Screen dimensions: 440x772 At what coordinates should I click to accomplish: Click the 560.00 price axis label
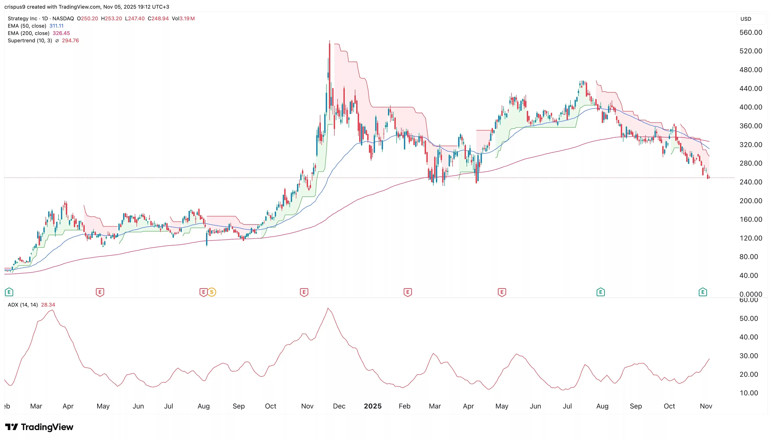(751, 32)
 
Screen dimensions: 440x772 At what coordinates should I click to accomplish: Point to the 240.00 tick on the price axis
(751, 182)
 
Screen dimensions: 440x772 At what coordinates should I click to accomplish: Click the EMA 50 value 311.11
(57, 26)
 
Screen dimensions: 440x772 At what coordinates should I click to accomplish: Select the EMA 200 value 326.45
(61, 33)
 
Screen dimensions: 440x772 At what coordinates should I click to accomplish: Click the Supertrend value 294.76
(70, 41)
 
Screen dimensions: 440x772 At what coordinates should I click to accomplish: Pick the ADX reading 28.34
(48, 305)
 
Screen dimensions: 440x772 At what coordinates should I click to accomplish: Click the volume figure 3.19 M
(187, 18)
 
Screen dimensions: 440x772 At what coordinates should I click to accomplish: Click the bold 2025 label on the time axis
(372, 406)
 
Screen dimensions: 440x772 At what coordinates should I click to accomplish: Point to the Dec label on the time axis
(339, 406)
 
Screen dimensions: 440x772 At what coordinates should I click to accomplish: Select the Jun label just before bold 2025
(138, 406)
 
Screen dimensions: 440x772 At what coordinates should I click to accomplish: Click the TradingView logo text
(47, 427)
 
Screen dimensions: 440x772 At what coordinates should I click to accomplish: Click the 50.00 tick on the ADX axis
(748, 318)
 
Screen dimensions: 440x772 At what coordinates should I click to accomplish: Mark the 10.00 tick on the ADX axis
(748, 393)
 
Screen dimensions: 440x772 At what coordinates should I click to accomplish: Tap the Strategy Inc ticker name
(22, 18)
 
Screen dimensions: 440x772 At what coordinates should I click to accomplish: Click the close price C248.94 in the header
(158, 18)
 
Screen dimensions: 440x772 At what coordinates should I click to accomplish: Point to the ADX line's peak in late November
(328, 308)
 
